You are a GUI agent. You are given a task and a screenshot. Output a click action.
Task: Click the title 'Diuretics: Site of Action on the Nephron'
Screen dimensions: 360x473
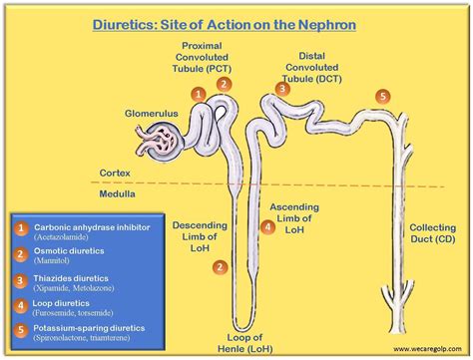pos(236,22)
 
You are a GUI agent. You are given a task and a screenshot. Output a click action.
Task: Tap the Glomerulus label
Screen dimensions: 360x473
pos(152,114)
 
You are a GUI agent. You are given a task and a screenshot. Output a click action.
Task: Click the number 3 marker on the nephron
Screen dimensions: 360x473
pos(282,89)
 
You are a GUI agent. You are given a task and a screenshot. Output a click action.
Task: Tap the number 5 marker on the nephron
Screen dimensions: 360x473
pos(383,96)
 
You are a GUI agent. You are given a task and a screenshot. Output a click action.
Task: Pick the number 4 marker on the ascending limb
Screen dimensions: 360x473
pos(267,226)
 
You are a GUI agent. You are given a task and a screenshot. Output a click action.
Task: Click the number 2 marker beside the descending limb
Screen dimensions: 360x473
pos(220,266)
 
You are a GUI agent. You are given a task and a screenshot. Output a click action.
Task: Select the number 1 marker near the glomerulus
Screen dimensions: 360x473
pos(200,93)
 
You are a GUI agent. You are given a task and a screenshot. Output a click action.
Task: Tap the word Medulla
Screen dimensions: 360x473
pos(117,194)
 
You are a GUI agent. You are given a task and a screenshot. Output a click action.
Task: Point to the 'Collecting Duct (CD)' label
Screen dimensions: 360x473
pos(433,233)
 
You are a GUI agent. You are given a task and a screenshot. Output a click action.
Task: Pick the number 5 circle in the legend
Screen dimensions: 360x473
pos(21,328)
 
